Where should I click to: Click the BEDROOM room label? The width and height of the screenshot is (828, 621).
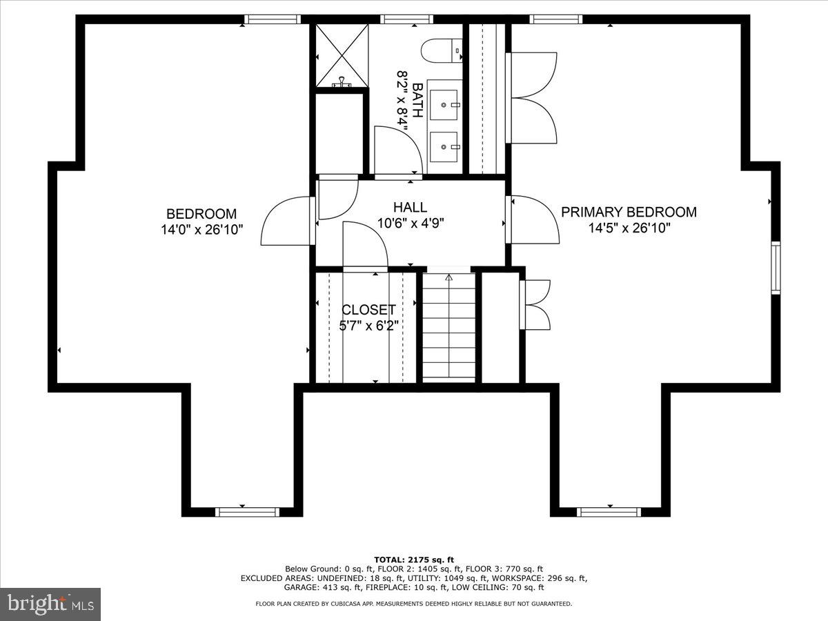[x=201, y=214]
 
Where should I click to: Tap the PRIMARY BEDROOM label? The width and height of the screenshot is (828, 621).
[x=629, y=212]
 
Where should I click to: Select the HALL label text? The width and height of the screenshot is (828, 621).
[x=410, y=207]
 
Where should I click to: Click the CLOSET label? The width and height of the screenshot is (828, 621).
[x=368, y=310]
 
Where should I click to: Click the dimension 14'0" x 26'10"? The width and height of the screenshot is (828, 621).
[x=201, y=230]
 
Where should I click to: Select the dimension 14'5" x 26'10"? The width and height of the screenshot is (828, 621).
[x=629, y=228]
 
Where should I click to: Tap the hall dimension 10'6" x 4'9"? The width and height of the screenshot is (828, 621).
[x=410, y=223]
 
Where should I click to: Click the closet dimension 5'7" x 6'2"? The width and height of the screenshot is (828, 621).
[x=368, y=325]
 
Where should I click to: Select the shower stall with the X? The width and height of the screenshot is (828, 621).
[x=340, y=55]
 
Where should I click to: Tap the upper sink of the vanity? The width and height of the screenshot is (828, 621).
[x=442, y=104]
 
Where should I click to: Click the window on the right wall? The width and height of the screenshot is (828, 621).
[x=776, y=268]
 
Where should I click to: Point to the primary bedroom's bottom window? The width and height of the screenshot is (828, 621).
[x=609, y=511]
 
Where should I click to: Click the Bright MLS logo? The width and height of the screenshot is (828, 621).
[x=50, y=604]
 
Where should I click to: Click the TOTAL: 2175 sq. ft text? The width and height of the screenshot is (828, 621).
[x=413, y=559]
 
